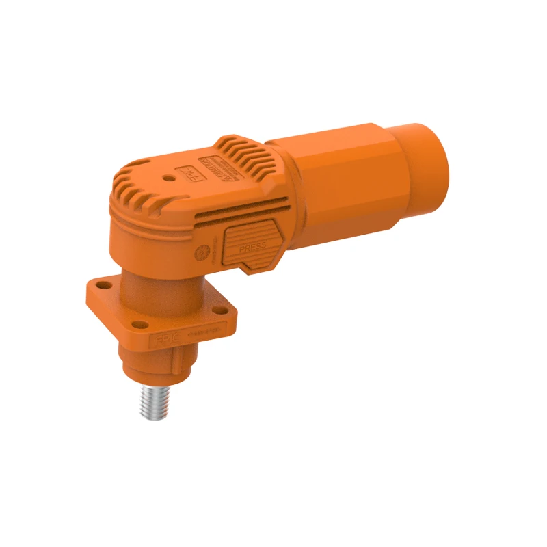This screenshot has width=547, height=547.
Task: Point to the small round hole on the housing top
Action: [168, 176]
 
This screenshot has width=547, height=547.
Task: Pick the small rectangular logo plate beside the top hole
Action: [186, 172]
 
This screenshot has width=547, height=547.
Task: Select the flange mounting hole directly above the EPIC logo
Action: [138, 323]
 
